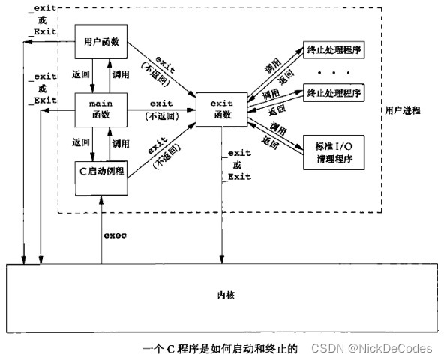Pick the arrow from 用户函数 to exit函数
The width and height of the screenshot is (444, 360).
pyautogui.click(x=160, y=70)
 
